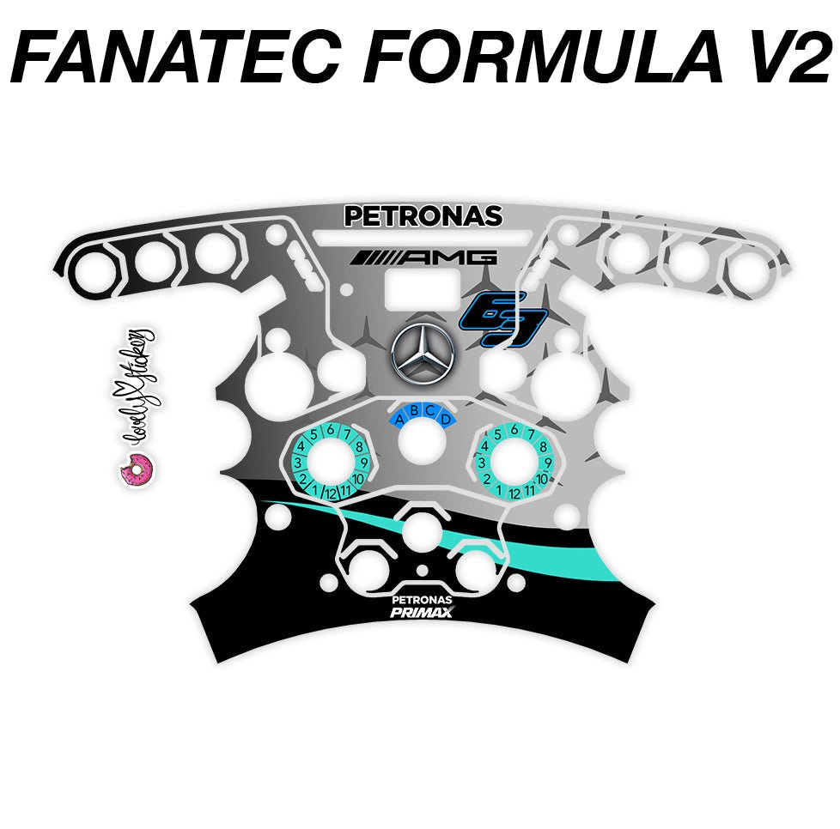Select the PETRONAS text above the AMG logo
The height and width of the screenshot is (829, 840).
(x=423, y=216)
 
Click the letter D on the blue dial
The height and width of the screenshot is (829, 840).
(x=445, y=419)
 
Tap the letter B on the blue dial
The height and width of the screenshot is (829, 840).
(x=414, y=410)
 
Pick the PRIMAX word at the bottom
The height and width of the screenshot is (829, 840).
(x=421, y=612)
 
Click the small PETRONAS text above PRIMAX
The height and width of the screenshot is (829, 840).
(x=421, y=600)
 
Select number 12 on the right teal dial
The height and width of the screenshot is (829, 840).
(x=515, y=493)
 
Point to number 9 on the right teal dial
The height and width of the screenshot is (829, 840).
(x=547, y=463)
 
